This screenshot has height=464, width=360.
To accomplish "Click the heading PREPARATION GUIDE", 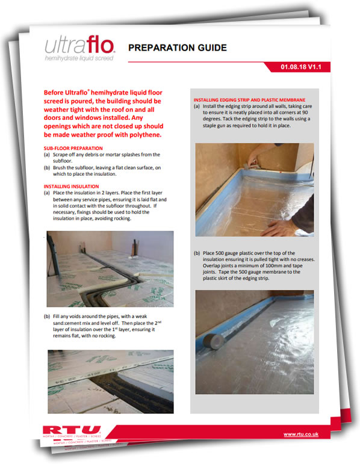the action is pos(178,48).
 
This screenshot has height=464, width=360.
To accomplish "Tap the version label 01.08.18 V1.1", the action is pos(301,67).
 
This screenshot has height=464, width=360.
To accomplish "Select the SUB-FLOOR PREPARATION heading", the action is pos(73,148).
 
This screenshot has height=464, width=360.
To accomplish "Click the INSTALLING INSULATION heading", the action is pos(72,187).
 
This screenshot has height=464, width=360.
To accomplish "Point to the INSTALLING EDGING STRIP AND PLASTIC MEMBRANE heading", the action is pos(250,100).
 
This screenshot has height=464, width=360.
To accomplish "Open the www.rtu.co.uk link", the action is pos(301,434).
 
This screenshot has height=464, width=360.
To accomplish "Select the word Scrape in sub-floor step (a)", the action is pos(61,155).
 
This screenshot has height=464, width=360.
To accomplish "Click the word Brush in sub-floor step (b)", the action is pos(59,168).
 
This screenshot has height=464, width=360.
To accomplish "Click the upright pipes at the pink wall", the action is pos(135,247).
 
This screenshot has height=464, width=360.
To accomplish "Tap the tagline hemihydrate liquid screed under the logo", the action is pos(79,58).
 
